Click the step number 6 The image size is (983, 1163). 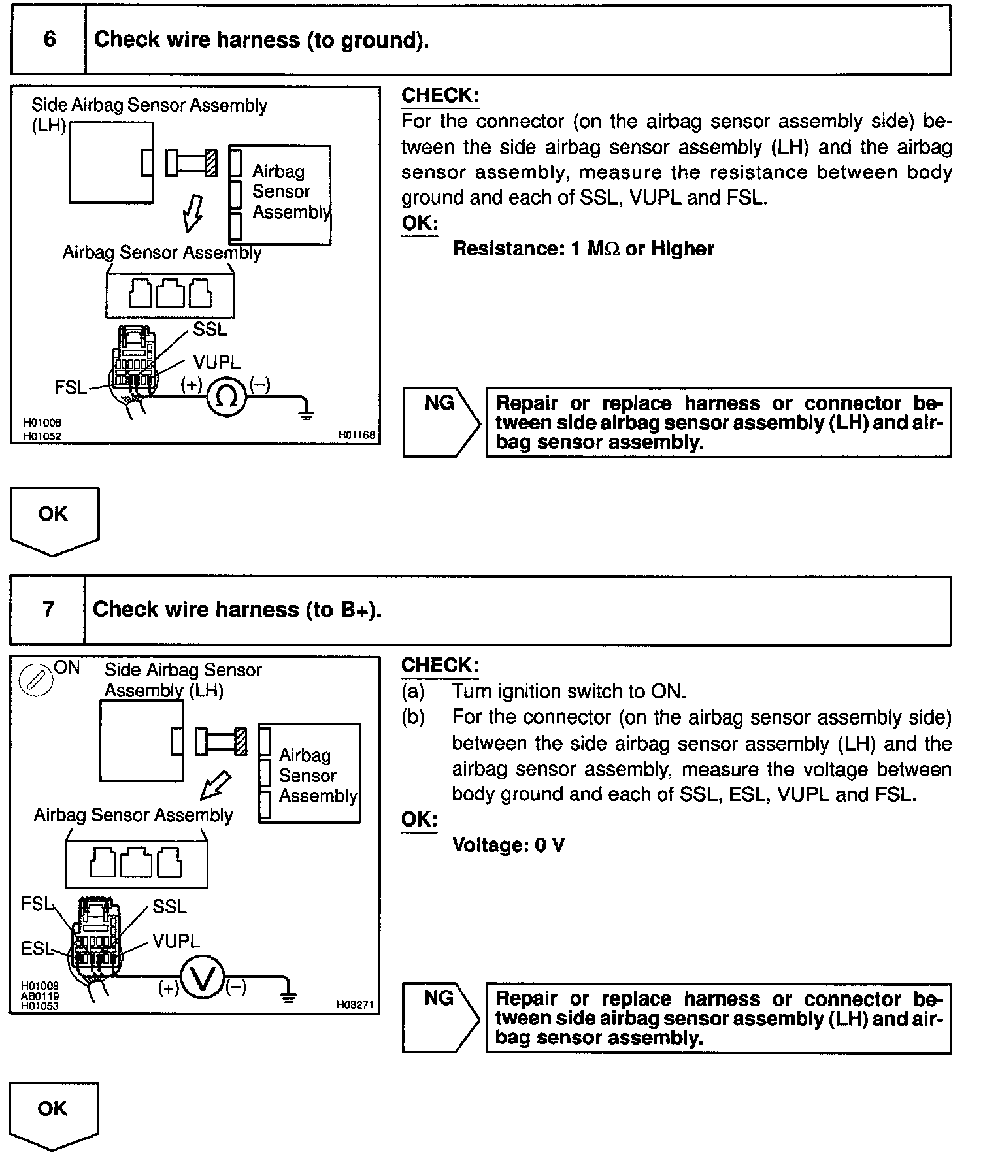click(50, 40)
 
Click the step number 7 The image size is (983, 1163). click(48, 610)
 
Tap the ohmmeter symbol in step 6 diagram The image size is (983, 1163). click(226, 397)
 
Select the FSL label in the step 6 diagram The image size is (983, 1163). click(70, 388)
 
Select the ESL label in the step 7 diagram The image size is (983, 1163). click(37, 949)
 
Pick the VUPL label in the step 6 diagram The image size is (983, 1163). click(216, 363)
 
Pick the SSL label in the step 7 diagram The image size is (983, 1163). click(169, 907)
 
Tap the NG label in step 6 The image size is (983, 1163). click(439, 403)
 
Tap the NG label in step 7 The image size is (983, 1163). click(439, 998)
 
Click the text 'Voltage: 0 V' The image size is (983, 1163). click(508, 845)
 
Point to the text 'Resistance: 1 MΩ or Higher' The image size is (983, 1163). click(583, 249)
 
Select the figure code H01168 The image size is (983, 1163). click(357, 435)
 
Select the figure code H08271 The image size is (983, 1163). click(355, 1005)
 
